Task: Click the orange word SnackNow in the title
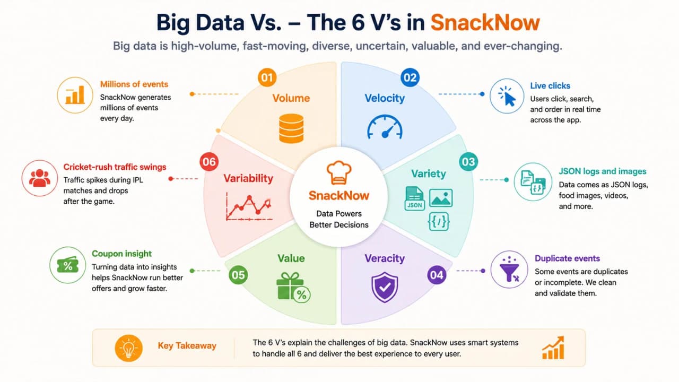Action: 485,23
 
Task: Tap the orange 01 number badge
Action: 267,77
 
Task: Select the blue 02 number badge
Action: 410,77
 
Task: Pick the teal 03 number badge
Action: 468,162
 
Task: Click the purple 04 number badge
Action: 437,275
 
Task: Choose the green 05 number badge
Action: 238,275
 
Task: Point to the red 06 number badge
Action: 209,162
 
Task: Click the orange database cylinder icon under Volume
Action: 291,128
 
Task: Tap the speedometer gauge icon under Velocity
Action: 385,127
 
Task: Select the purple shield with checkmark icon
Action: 385,287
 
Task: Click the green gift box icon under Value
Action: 293,288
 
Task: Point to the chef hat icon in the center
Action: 339,172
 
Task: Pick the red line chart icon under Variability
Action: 249,206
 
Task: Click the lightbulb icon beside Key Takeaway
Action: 128,349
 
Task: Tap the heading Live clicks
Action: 550,86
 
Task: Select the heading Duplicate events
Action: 567,258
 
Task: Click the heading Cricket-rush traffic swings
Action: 115,167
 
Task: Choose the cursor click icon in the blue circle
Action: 507,96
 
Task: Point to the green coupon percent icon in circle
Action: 67,265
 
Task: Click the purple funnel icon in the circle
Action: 509,270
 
